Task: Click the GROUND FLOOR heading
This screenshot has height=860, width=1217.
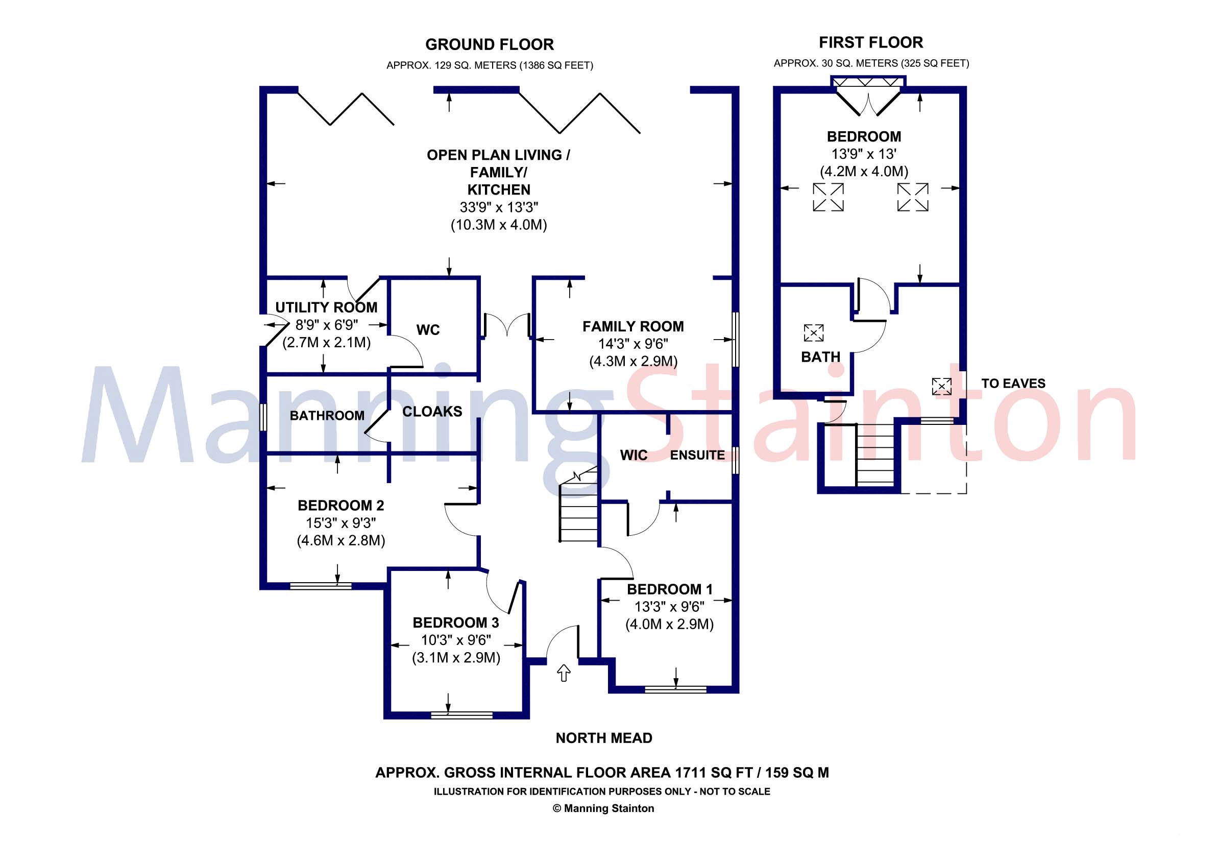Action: click(x=489, y=44)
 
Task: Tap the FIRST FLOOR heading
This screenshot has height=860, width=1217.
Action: click(x=871, y=42)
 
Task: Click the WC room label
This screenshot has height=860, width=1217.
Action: click(x=428, y=330)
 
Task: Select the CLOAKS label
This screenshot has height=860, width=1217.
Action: click(x=432, y=412)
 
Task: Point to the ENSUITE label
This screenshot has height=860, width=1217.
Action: click(x=697, y=456)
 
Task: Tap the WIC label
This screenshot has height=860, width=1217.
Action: click(x=634, y=456)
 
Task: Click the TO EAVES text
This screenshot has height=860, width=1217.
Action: click(x=1013, y=384)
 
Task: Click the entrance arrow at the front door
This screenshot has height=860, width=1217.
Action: click(x=564, y=674)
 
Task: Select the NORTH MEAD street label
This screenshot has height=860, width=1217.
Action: click(x=604, y=738)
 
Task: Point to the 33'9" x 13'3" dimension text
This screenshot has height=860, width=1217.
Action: click(x=499, y=207)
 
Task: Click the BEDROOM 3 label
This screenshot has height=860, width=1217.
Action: click(x=456, y=623)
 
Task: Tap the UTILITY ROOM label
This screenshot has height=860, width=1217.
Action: click(x=326, y=307)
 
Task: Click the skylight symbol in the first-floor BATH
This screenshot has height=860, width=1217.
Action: click(x=814, y=333)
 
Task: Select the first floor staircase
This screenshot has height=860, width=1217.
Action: click(x=875, y=455)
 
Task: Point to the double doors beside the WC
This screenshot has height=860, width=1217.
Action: click(x=507, y=325)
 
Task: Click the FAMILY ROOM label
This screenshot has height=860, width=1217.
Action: click(x=633, y=327)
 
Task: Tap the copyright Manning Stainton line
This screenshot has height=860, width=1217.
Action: click(x=603, y=808)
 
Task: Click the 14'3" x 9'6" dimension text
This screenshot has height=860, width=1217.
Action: click(x=633, y=344)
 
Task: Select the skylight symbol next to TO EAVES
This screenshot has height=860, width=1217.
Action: click(x=941, y=386)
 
